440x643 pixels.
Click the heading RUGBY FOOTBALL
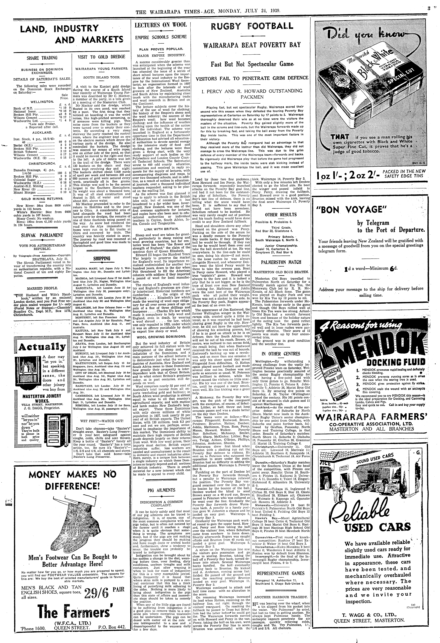252,26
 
